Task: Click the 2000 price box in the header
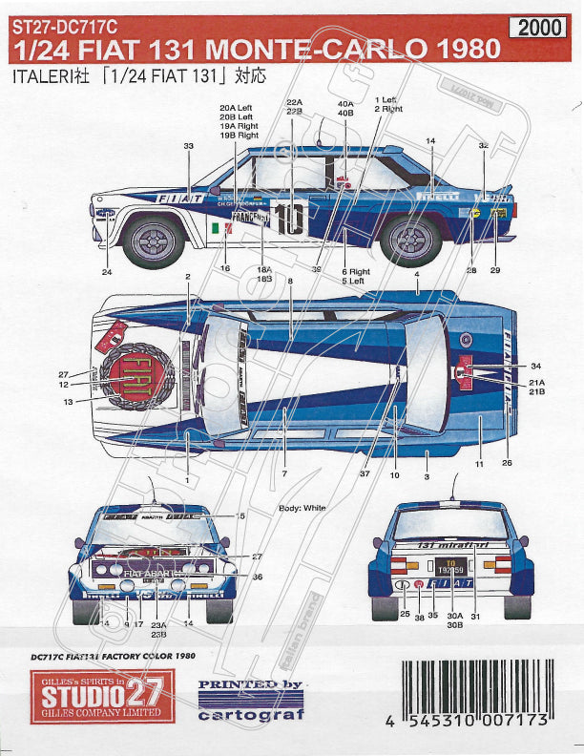pyautogui.click(x=541, y=28)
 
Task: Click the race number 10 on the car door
pyautogui.click(x=291, y=218)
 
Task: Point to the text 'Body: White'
pyautogui.click(x=302, y=509)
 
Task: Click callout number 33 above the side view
pyautogui.click(x=188, y=145)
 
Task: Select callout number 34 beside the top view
pyautogui.click(x=535, y=367)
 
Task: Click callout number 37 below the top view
pyautogui.click(x=365, y=472)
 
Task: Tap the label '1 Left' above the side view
pyautogui.click(x=386, y=100)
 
